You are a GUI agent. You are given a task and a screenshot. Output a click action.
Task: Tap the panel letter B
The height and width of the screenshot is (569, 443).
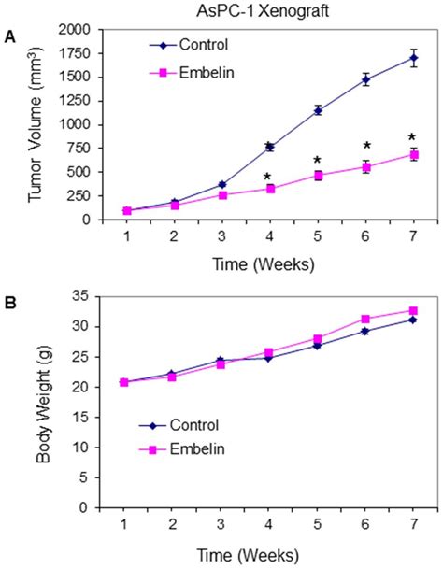9,301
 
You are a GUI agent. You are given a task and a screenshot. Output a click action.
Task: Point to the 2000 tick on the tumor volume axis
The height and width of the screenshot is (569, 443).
74,30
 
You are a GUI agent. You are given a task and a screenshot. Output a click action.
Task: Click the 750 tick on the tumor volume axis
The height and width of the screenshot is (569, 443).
79,148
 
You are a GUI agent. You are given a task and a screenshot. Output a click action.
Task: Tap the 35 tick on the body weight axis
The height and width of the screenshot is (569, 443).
81,296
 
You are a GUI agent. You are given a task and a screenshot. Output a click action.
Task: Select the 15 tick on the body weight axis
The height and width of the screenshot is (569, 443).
81,417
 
